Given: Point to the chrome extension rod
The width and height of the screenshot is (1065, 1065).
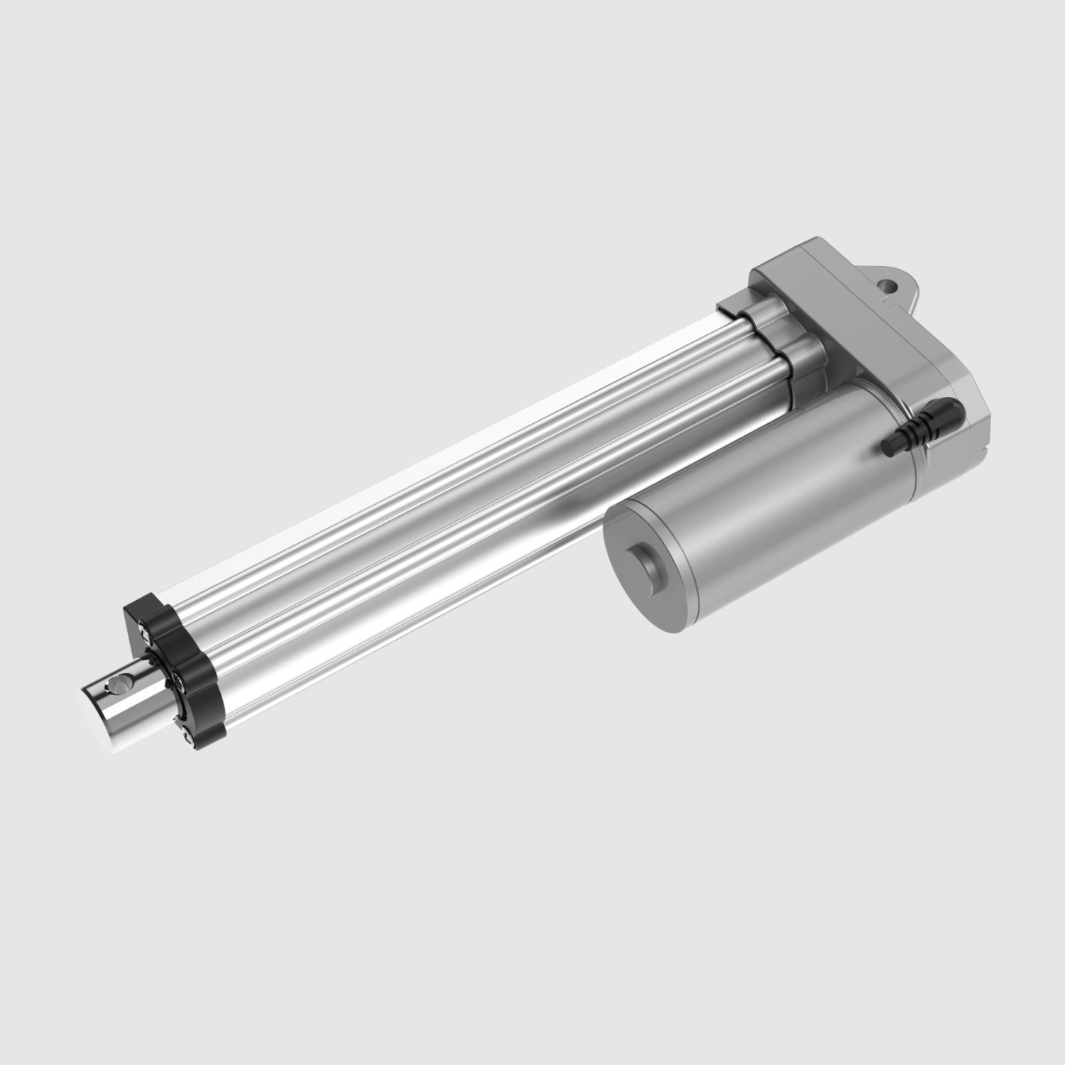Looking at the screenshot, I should [128, 703].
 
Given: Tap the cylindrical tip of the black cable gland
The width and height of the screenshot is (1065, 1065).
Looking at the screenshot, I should [887, 445].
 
